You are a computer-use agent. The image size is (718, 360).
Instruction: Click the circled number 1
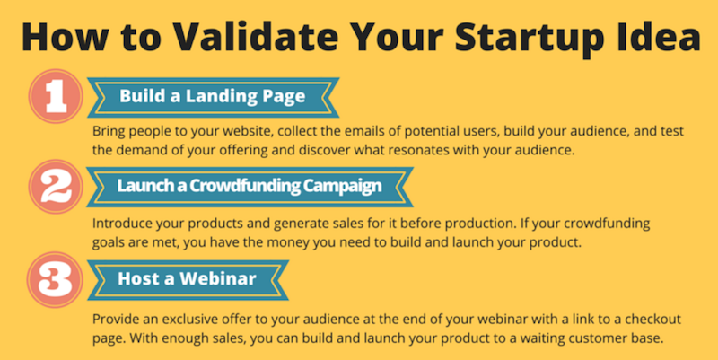click(x=56, y=96)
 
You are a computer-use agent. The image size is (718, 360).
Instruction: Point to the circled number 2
click(x=56, y=187)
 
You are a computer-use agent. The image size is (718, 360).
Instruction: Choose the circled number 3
click(x=55, y=279)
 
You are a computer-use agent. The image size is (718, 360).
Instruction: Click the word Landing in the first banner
click(x=215, y=97)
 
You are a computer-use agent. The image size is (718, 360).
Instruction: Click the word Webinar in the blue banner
click(x=217, y=278)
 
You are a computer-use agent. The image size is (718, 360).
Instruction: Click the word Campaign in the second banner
click(x=343, y=187)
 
